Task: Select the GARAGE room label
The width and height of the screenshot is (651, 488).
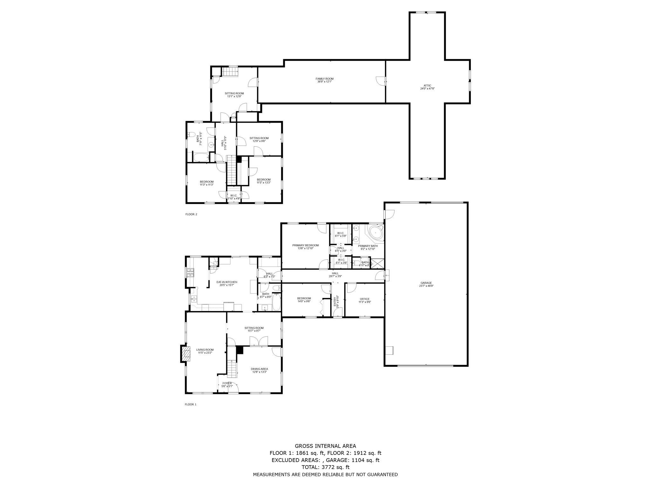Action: click(426, 283)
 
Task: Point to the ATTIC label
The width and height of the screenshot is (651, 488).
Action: click(427, 85)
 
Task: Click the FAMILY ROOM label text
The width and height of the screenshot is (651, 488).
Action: click(324, 79)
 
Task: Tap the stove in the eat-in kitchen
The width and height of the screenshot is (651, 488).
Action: click(190, 273)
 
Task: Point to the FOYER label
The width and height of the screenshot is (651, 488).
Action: click(227, 383)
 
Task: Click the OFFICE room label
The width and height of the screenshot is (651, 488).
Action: click(365, 299)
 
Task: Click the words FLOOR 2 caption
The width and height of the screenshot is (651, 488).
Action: click(191, 214)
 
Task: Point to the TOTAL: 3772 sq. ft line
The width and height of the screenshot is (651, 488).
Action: click(325, 467)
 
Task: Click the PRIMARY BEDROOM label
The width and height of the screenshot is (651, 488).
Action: click(305, 245)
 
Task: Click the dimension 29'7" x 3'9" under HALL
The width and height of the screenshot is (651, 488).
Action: click(335, 276)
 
